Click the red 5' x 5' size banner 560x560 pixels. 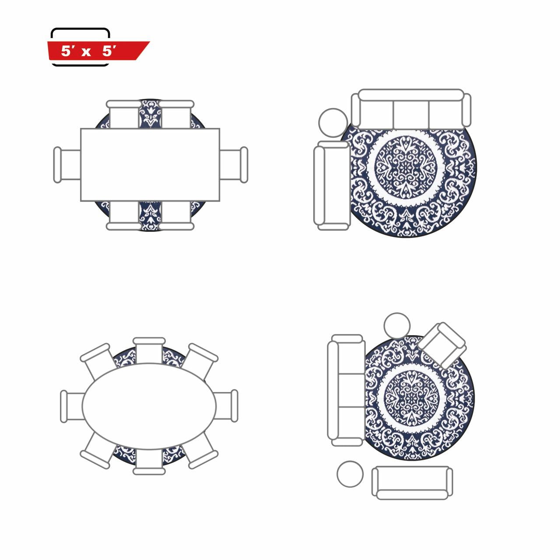click(98, 51)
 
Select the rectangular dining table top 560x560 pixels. click(150, 164)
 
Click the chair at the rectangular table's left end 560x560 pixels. click(67, 165)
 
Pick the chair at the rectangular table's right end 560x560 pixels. click(234, 165)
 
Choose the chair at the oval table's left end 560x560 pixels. click(73, 406)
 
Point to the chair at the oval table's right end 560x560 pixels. click(226, 406)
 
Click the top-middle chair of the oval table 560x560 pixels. click(149, 350)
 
